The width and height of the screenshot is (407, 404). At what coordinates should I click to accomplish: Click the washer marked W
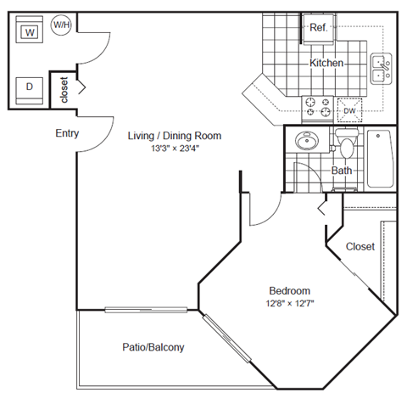pos(30,32)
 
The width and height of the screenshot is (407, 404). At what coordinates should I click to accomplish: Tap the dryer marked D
pos(30,87)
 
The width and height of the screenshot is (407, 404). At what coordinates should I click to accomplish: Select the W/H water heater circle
pos(62,25)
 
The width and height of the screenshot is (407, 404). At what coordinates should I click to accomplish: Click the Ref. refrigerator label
pos(319,28)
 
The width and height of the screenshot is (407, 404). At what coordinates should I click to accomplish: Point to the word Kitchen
pos(326,64)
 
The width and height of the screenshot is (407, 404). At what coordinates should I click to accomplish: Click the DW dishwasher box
pos(349,109)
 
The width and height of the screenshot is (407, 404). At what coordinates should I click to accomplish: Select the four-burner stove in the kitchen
pos(319,106)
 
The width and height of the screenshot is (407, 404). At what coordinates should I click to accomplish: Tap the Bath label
pos(342,171)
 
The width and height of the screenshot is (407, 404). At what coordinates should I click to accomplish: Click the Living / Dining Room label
pos(175,136)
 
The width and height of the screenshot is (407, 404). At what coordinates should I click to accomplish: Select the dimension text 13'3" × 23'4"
pos(175,149)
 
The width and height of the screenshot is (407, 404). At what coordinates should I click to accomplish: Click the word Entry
pos(67,133)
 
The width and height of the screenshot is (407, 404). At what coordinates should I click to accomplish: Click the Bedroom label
pos(291,289)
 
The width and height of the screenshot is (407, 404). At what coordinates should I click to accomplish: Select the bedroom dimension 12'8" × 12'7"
pos(291,303)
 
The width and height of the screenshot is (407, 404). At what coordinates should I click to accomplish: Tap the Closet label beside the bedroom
pos(360,247)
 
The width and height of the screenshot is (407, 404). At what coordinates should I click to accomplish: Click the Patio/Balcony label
pos(153,347)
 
